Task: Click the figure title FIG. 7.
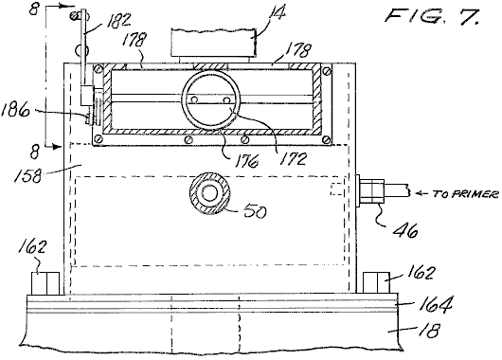(433, 15)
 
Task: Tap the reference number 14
(277, 13)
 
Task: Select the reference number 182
(118, 20)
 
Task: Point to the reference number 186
(15, 111)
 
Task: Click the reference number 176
(246, 161)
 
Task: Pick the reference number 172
(293, 158)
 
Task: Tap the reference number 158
(27, 174)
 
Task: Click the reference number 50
(255, 210)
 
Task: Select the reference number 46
(405, 229)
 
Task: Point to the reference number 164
(436, 304)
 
